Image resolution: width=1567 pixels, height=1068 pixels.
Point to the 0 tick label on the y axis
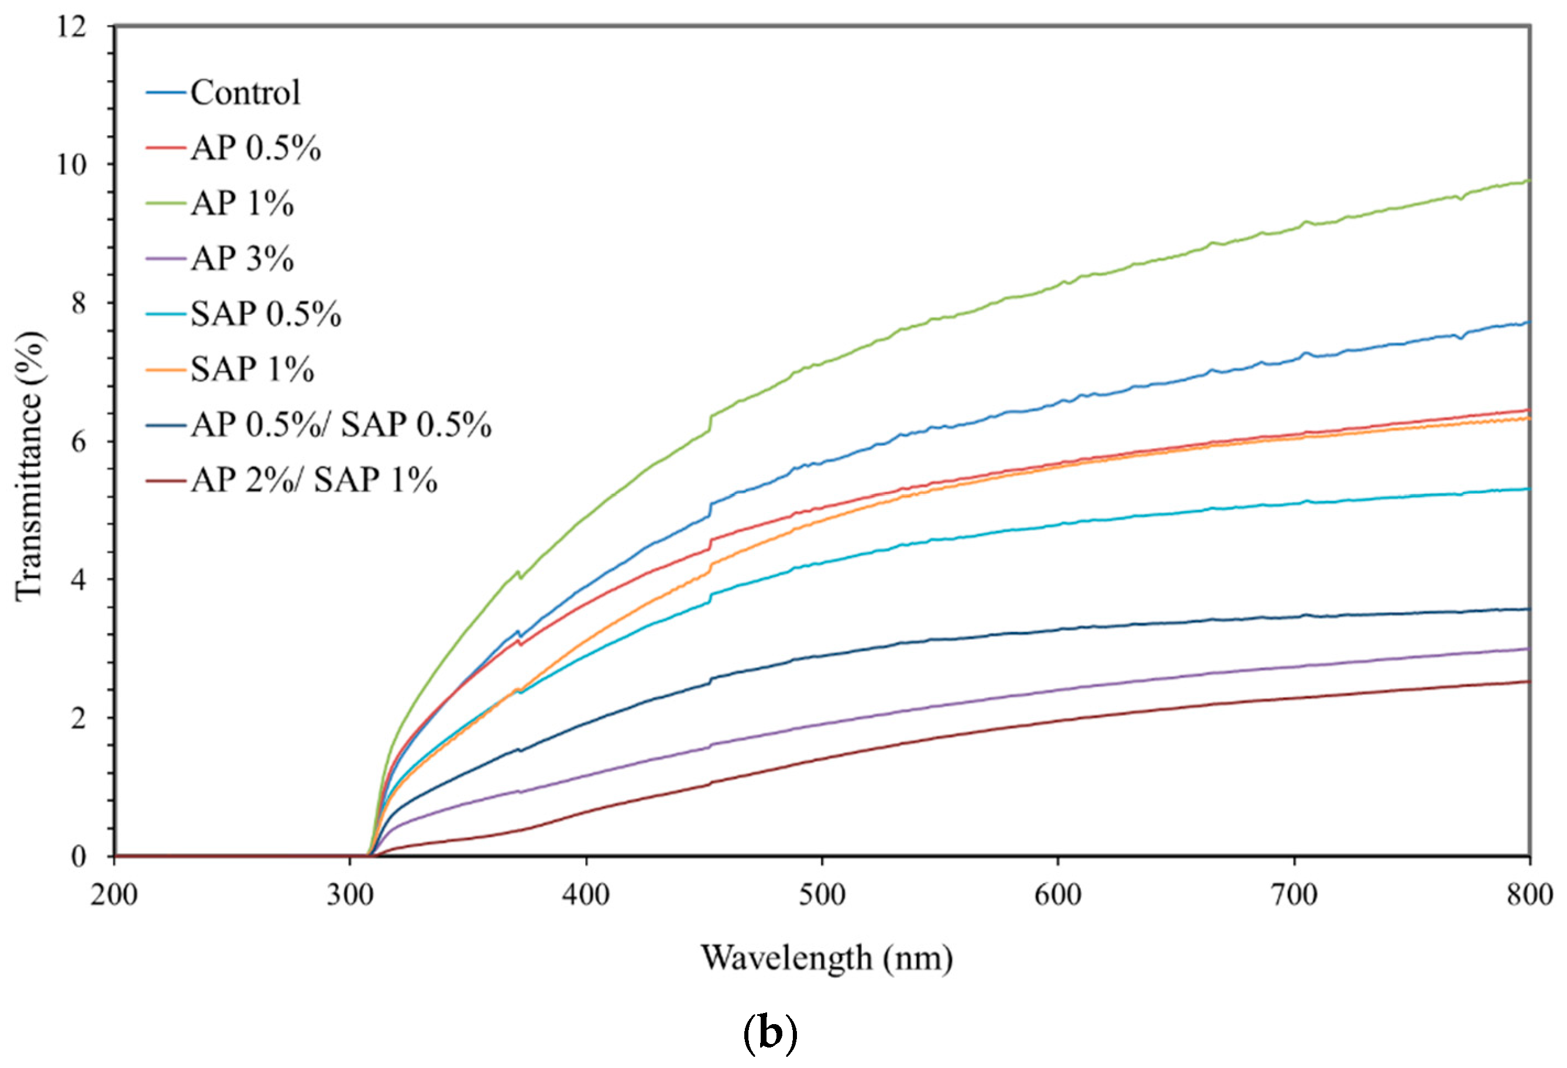[80, 856]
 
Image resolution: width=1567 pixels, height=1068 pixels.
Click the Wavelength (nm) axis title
[827, 957]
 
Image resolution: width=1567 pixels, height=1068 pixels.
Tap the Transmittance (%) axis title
[30, 465]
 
